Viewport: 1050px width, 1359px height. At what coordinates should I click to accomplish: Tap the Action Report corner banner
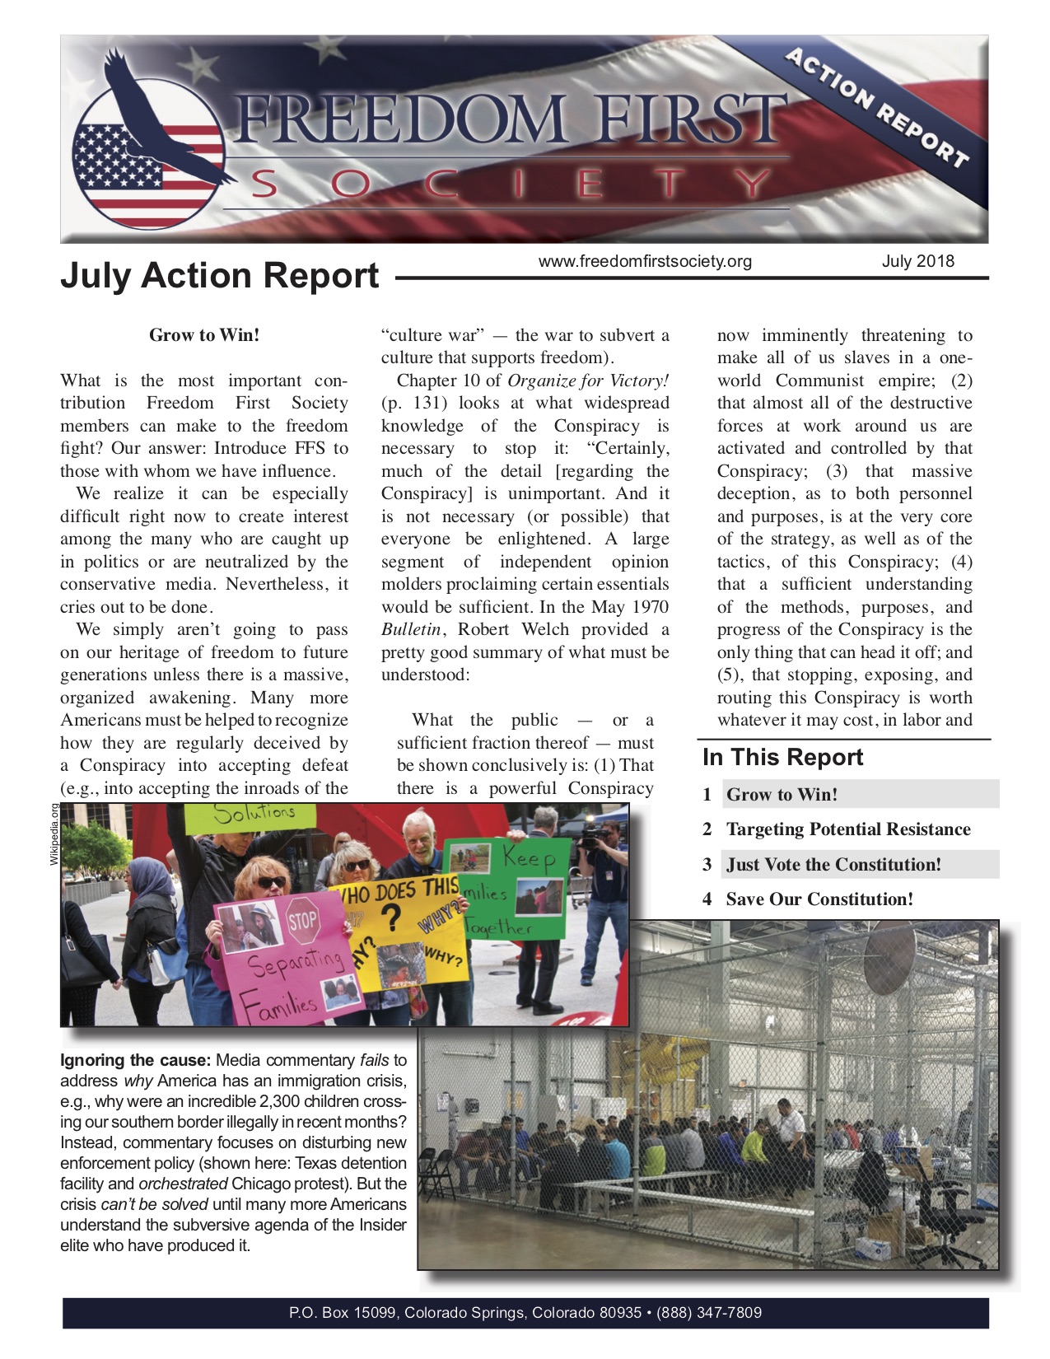tap(877, 107)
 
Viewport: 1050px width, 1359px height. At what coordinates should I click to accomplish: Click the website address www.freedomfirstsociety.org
tap(645, 261)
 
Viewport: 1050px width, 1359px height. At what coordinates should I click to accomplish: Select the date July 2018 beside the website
tap(917, 261)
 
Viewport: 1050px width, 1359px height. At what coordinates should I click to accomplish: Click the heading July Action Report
tap(219, 275)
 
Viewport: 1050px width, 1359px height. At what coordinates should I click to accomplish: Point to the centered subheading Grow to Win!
tap(204, 335)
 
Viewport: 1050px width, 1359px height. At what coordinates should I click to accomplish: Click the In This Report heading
tap(782, 758)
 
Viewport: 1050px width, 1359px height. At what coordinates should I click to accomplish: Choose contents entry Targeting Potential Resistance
tap(848, 829)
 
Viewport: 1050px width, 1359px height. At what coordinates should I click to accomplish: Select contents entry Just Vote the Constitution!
tap(833, 865)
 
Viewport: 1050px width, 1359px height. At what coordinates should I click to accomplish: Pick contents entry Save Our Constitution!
tap(819, 899)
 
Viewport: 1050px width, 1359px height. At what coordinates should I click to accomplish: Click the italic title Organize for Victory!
tap(588, 381)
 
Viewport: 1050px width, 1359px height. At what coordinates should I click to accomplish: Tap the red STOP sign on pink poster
tap(302, 921)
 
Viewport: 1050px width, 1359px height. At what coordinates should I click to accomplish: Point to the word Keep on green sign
tap(529, 859)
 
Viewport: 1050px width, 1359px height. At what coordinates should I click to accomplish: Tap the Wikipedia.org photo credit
tap(55, 834)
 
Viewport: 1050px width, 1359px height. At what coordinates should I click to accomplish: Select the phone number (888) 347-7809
tap(709, 1313)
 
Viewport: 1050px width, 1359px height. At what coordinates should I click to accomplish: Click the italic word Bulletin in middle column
tap(411, 630)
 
